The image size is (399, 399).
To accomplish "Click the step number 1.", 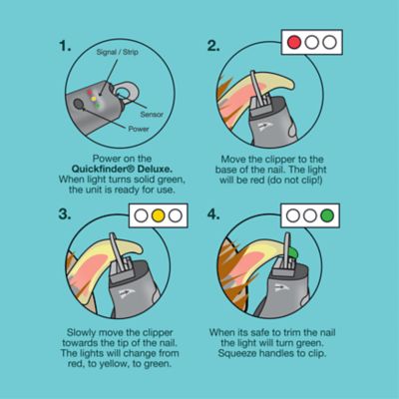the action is pyautogui.click(x=65, y=46).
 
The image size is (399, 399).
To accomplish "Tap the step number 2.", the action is pyautogui.click(x=213, y=46).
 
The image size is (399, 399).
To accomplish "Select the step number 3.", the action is pyautogui.click(x=65, y=213).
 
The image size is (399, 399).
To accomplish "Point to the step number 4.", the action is pyautogui.click(x=213, y=213).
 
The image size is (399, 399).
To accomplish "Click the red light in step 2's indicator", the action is pyautogui.click(x=294, y=43).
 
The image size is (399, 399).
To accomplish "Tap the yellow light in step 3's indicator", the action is pyautogui.click(x=158, y=215).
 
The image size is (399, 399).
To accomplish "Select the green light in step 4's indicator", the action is pyautogui.click(x=327, y=215).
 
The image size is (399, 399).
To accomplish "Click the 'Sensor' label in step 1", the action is pyautogui.click(x=152, y=115).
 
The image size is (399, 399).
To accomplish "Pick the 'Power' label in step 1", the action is pyautogui.click(x=139, y=129).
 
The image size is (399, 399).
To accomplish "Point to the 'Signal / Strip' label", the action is pyautogui.click(x=117, y=52).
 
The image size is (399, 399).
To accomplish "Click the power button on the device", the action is pyautogui.click(x=80, y=105).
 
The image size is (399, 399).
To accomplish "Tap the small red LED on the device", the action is pyautogui.click(x=90, y=92).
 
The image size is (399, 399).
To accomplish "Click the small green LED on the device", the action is pyautogui.click(x=98, y=106).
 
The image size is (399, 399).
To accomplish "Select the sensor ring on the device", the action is pyautogui.click(x=126, y=92).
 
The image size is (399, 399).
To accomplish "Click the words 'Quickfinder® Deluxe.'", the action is pyautogui.click(x=122, y=169).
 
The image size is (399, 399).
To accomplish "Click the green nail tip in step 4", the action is pyautogui.click(x=293, y=252).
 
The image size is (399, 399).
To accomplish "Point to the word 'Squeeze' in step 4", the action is pyautogui.click(x=237, y=353).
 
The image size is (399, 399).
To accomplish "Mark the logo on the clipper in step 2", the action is pyautogui.click(x=266, y=127).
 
